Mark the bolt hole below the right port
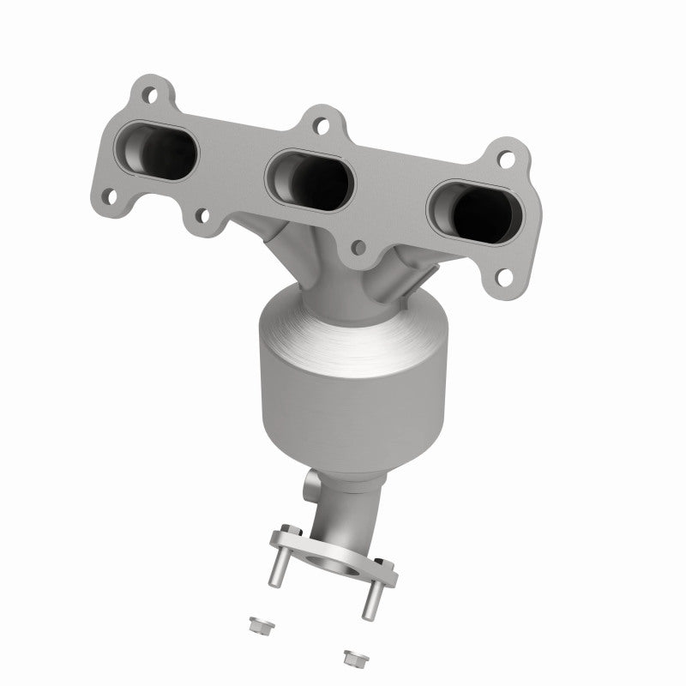(505, 276)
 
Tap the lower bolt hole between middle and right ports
(359, 247)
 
